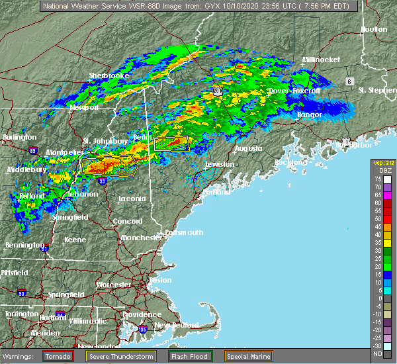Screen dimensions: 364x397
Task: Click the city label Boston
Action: pos(160,280)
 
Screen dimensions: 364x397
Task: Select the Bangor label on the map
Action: pos(309,114)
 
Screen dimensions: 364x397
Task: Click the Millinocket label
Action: pos(321,60)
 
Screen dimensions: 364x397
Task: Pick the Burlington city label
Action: pos(19,137)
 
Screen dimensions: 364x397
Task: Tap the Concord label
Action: pos(127,221)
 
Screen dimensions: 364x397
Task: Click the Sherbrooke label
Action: pos(109,76)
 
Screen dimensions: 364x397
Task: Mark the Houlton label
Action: pos(373,30)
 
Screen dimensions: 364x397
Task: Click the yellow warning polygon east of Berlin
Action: pos(171,144)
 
